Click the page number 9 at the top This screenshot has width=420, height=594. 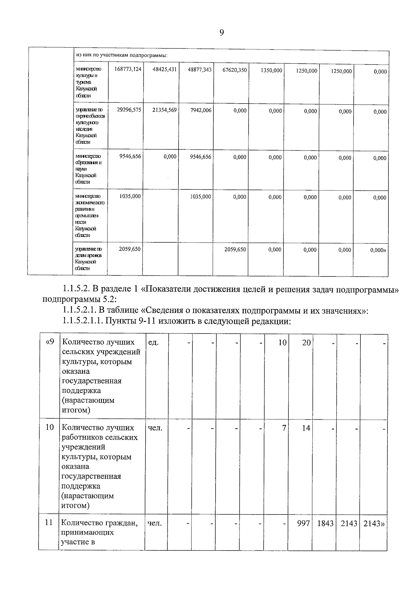[222, 33]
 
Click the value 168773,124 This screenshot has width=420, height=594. [128, 69]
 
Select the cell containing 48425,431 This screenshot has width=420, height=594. [164, 70]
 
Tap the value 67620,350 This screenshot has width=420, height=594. [234, 70]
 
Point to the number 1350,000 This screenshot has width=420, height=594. [271, 70]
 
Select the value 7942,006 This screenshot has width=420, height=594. [201, 110]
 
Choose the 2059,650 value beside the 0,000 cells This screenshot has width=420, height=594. [235, 250]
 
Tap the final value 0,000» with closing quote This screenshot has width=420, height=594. [378, 250]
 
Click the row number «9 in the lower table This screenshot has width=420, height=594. [50, 342]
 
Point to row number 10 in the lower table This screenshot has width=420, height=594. [50, 427]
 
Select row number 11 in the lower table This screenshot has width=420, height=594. [49, 523]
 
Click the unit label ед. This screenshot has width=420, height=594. [153, 342]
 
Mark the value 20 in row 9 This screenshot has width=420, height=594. [306, 343]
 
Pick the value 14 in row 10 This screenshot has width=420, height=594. [306, 428]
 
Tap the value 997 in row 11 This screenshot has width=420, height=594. [304, 523]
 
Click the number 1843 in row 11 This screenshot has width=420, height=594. [325, 523]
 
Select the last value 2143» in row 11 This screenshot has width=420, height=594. [374, 524]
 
